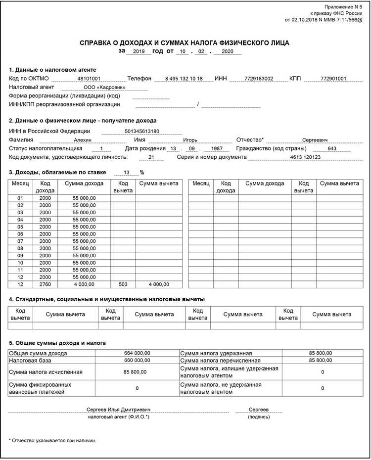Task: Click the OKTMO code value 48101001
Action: coord(89,79)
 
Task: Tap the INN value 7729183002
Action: coord(258,79)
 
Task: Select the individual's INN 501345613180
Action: coord(142,131)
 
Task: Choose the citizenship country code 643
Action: coord(332,148)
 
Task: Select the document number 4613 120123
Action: coord(305,157)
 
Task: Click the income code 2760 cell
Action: coord(45,284)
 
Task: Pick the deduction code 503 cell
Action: coord(123,284)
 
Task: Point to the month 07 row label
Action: coord(21,241)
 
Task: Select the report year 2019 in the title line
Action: coord(139,51)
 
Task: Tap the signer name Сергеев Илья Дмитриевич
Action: coord(118,410)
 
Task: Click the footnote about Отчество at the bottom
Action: coord(52,440)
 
